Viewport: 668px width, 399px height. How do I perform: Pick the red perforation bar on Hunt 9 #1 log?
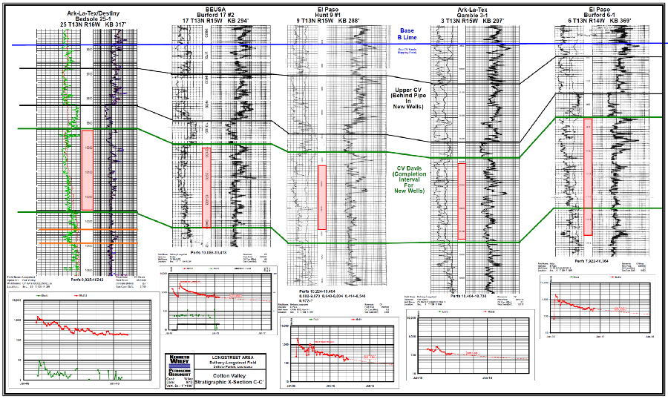point(321,197)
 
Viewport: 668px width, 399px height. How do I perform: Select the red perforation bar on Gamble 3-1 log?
point(462,200)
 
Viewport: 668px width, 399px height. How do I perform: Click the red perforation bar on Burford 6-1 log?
point(588,177)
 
